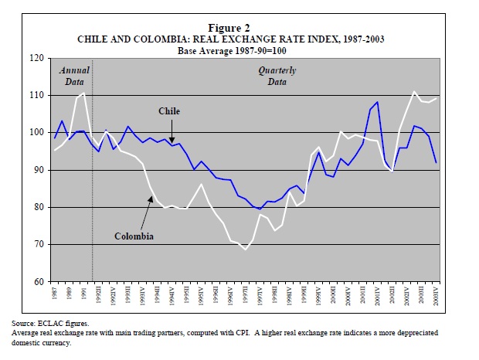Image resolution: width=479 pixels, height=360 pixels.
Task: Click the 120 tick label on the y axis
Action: (36, 58)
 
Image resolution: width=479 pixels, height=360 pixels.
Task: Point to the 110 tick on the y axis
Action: (36, 95)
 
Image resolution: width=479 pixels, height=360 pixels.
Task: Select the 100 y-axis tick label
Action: (36, 133)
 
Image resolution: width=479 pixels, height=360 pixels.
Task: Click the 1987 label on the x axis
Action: (55, 294)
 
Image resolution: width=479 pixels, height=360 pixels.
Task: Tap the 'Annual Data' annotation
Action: (75, 75)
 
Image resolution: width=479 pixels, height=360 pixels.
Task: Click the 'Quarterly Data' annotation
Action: (277, 75)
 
